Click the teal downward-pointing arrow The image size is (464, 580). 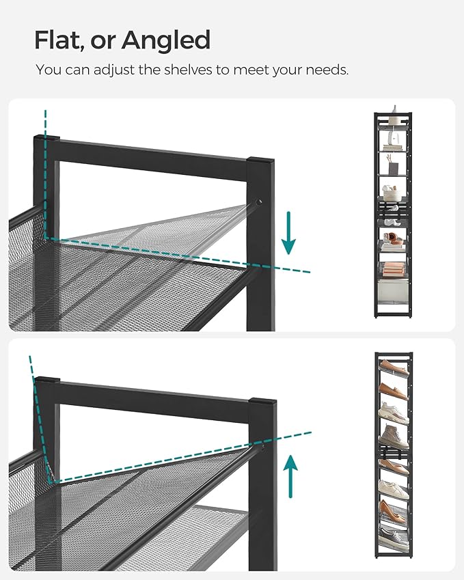point(289,232)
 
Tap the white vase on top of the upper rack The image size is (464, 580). point(394,112)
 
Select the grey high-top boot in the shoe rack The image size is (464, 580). point(394,436)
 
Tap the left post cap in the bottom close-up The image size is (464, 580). point(46,380)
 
